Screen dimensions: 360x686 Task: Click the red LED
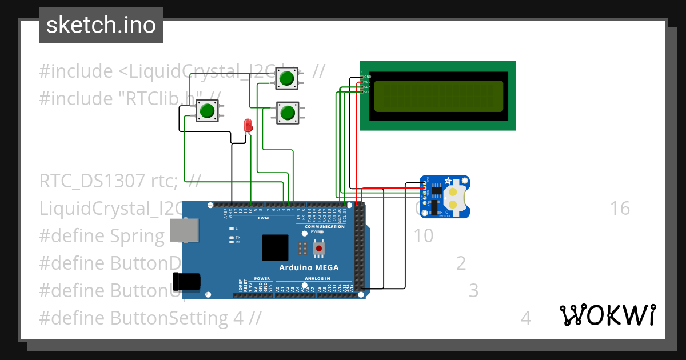248,125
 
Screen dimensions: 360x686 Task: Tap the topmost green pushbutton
286,78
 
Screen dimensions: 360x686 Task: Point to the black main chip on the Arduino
276,247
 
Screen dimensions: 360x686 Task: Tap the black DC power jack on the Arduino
187,281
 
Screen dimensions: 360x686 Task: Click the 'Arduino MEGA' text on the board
309,267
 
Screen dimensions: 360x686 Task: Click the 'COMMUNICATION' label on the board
325,226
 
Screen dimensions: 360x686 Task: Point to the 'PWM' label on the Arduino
263,218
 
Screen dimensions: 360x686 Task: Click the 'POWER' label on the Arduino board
254,279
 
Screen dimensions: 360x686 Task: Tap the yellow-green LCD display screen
438,95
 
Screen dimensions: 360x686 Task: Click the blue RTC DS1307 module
445,197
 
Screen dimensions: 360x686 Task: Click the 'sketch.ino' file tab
101,25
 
